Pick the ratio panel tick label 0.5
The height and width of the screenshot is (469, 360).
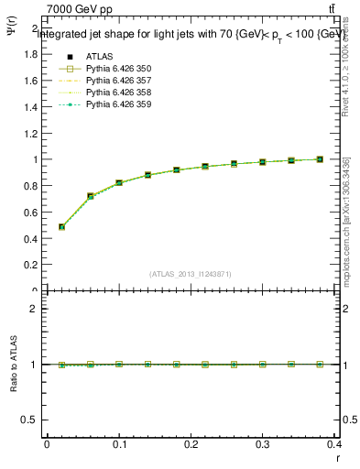point(30,420)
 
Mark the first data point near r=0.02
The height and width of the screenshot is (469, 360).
point(61,226)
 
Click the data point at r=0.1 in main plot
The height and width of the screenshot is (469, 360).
point(119,183)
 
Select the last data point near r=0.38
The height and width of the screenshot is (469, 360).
point(320,159)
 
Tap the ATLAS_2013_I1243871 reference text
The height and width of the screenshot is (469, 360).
point(191,274)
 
